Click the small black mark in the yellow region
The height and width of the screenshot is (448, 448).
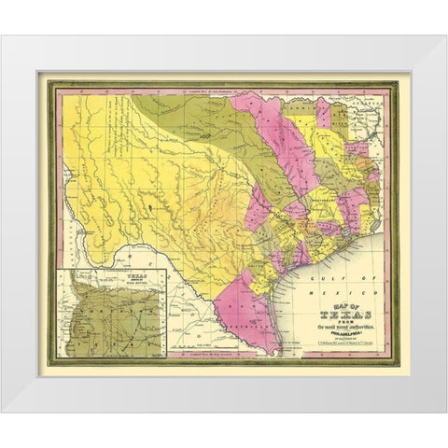tap(149, 198)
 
